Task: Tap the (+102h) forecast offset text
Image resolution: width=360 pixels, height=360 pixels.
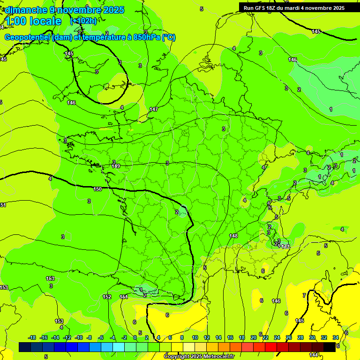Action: tap(83, 21)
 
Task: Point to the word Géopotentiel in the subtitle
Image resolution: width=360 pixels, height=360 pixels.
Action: tap(28, 37)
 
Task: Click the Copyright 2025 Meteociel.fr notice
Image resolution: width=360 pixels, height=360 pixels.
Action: tap(199, 357)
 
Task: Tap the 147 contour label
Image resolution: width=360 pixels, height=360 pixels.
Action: tap(154, 109)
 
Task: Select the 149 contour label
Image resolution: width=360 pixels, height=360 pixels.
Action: tap(116, 166)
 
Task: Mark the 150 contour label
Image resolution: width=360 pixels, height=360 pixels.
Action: tap(97, 189)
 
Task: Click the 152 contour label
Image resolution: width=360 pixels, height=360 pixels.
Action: tap(107, 297)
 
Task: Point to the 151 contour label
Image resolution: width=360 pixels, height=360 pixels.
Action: tap(124, 297)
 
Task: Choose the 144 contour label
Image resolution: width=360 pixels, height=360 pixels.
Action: tap(314, 355)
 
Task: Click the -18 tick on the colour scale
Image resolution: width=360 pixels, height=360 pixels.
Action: tap(32, 337)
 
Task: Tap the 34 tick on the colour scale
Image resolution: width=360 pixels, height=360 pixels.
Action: tap(336, 337)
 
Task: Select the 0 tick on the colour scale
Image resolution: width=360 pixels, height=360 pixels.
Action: tap(135, 337)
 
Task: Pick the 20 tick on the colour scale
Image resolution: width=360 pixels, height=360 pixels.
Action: tap(254, 337)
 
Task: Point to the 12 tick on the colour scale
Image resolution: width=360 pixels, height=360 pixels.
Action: tap(207, 337)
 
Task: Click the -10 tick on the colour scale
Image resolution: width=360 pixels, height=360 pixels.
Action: tap(78, 337)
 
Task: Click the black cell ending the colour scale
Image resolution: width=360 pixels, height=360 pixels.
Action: tap(329, 347)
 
